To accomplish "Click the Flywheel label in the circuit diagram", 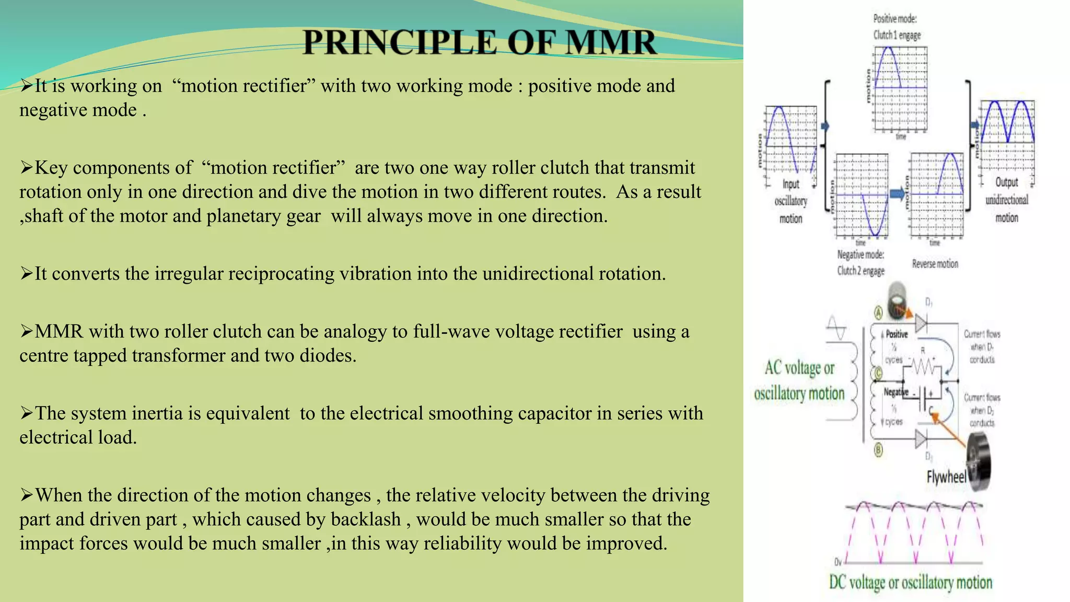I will click(x=946, y=477).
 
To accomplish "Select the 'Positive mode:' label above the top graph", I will click(x=894, y=19).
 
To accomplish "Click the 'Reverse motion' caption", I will click(x=935, y=264).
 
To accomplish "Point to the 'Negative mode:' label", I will click(x=860, y=254).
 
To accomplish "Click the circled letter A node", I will click(x=878, y=313).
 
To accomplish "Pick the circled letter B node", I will click(x=878, y=449).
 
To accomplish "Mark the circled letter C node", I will click(x=878, y=373).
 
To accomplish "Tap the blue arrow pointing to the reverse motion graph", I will click(x=897, y=194).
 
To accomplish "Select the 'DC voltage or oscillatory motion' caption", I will click(x=910, y=582).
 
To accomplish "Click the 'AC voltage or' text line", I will click(x=799, y=368).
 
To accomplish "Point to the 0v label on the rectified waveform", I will click(x=838, y=562).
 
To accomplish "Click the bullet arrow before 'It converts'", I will click(x=26, y=273).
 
